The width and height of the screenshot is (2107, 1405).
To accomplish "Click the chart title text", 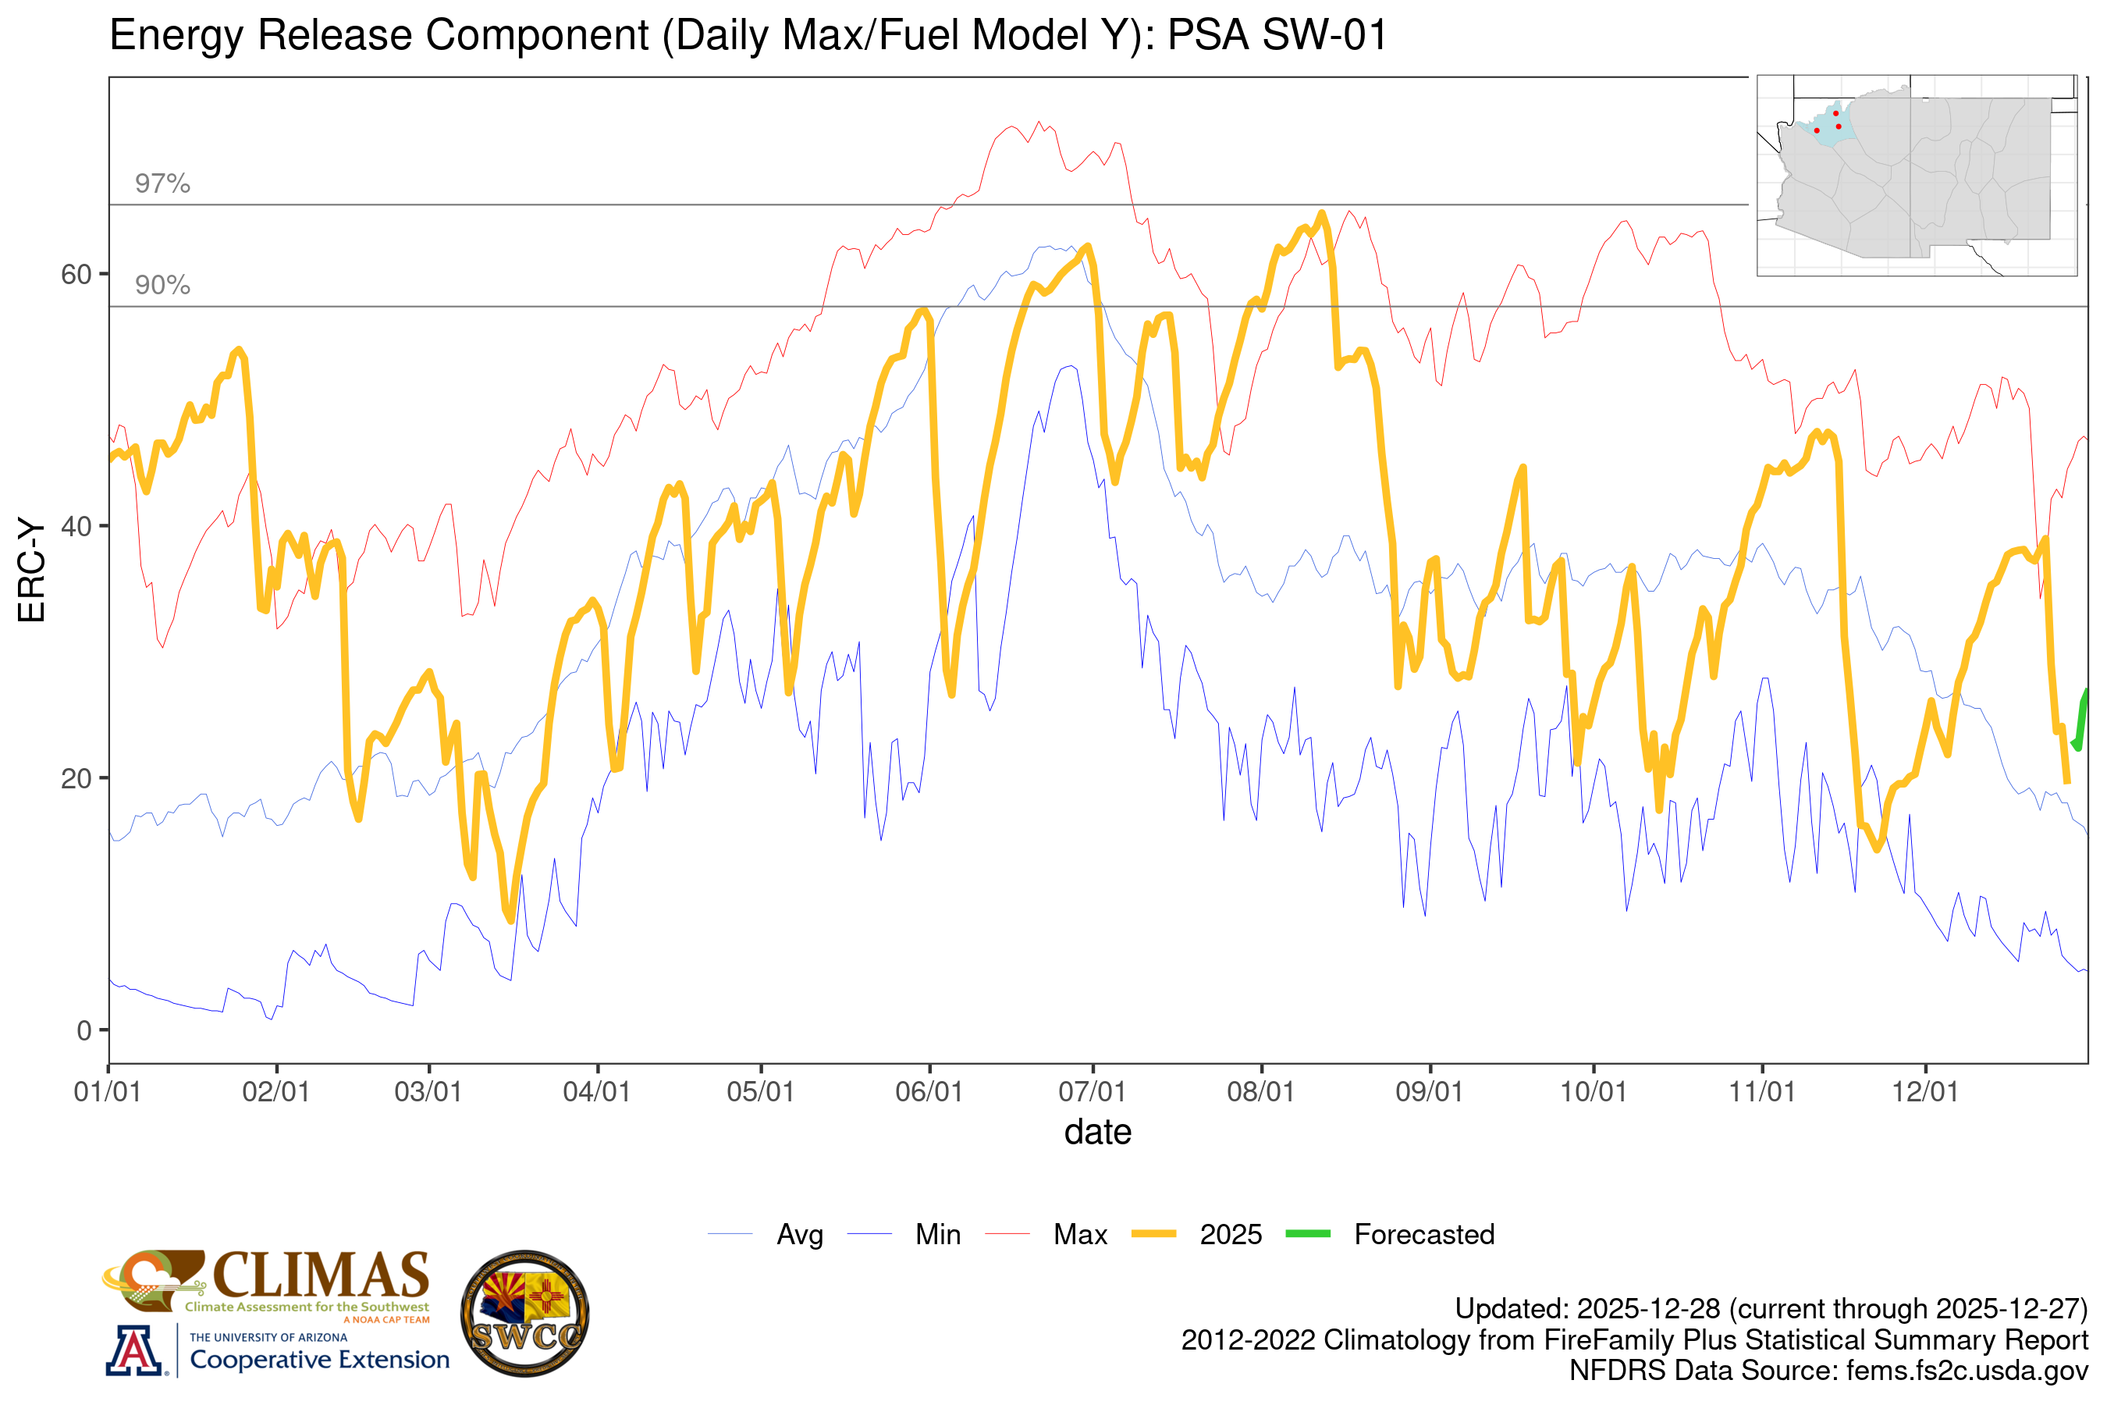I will [x=748, y=36].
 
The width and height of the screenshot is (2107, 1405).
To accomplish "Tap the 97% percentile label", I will [x=162, y=183].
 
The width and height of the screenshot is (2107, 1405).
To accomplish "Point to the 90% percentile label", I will [x=162, y=285].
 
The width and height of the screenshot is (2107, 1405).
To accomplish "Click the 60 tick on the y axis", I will [x=76, y=274].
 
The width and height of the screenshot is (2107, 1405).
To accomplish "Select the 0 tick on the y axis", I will [x=84, y=1030].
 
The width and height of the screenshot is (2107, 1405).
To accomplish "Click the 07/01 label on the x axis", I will [x=1092, y=1091].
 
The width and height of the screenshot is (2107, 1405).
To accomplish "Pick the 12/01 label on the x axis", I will [x=1925, y=1091].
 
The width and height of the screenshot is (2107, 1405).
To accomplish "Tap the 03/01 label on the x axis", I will [x=428, y=1091].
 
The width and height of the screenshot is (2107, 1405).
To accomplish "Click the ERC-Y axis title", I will [x=31, y=570].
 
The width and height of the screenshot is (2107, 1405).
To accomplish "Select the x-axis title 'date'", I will [x=1097, y=1133].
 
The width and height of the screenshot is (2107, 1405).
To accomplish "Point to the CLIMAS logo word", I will [x=321, y=1276].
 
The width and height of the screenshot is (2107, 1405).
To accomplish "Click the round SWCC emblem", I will [x=525, y=1314].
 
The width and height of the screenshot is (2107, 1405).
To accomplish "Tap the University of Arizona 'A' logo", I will [x=134, y=1351].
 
